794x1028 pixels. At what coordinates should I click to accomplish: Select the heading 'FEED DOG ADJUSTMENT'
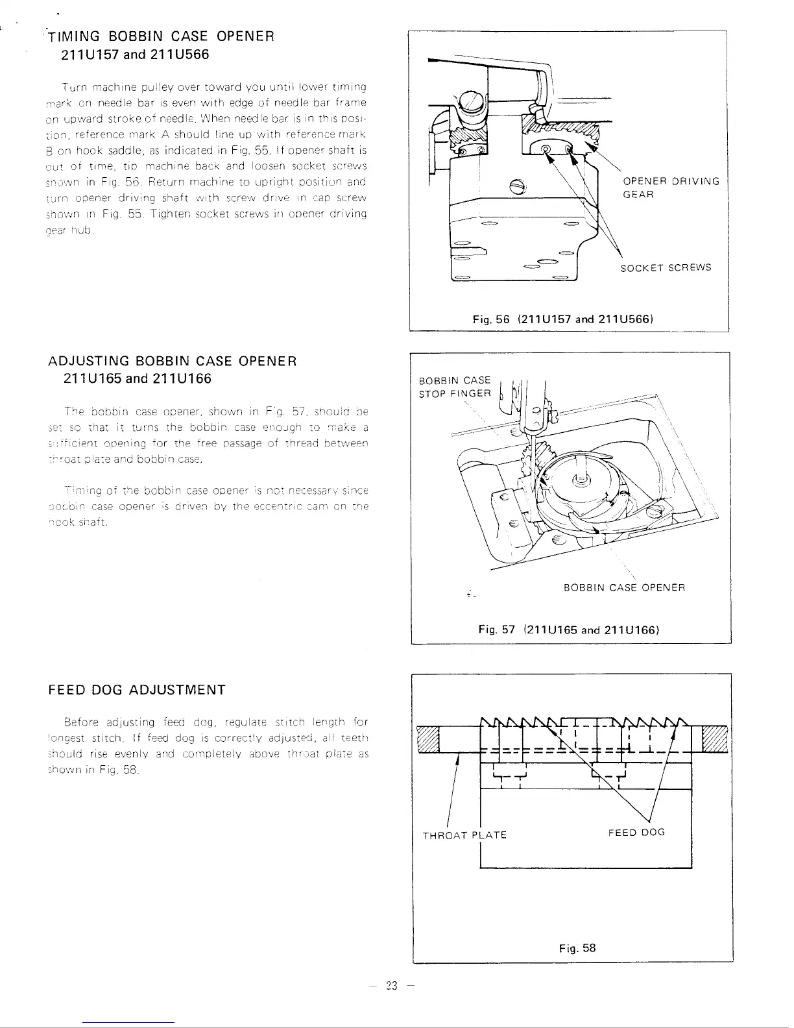[137, 689]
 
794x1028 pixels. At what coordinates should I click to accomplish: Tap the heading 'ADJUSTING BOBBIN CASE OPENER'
[173, 361]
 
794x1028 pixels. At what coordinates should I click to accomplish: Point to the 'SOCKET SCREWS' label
[666, 267]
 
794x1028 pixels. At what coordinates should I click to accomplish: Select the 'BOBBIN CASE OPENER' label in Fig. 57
[624, 588]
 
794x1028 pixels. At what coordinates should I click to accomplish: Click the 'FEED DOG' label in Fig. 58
[636, 832]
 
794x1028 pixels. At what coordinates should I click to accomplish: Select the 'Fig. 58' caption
[577, 948]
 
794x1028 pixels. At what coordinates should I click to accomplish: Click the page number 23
[391, 986]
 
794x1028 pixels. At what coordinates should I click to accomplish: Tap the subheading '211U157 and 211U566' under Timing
[135, 55]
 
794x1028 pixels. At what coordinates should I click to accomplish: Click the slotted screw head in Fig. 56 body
[518, 186]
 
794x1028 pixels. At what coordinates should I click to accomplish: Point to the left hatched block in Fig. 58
[427, 739]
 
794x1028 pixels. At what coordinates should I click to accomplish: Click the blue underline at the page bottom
[129, 1022]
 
